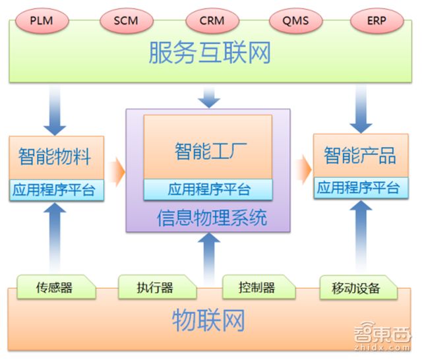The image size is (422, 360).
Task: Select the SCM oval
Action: click(x=126, y=20)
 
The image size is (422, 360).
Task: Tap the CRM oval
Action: click(x=211, y=20)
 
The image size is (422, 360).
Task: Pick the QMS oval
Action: click(x=295, y=20)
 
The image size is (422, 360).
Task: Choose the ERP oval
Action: click(x=377, y=20)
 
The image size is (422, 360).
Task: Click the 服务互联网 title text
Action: click(x=210, y=53)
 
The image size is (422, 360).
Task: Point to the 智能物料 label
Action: click(x=55, y=157)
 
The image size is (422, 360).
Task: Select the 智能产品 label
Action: click(x=359, y=156)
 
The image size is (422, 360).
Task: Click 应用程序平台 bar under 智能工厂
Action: click(x=208, y=190)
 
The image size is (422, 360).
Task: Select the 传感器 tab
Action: click(x=54, y=288)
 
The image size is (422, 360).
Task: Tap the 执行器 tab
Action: click(x=156, y=287)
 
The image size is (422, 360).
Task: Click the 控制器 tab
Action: click(x=257, y=287)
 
